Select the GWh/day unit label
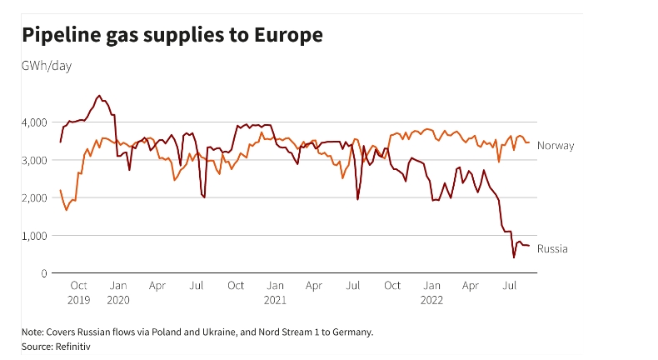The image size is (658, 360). coord(47,66)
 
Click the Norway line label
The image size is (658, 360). coord(556,146)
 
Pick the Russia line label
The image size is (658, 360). coord(552,248)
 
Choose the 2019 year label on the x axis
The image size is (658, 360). coord(78,299)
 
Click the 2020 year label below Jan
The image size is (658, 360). coord(118,299)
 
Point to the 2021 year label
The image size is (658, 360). coord(275,299)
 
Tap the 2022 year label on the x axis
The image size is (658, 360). coord(431,299)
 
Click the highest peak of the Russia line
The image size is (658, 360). coord(99,96)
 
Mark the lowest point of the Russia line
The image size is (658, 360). coord(514,257)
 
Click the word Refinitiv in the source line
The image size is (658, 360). coord(72,345)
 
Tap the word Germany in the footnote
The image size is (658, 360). coord(351,332)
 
